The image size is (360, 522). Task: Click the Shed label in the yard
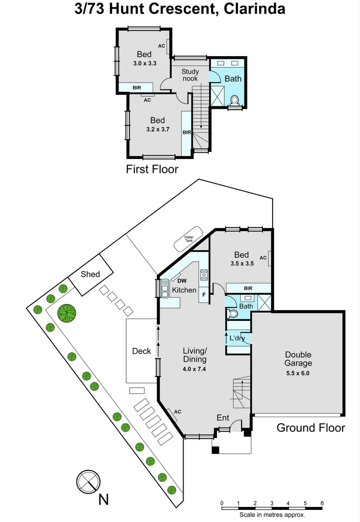(90, 274)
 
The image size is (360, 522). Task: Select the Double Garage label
(298, 359)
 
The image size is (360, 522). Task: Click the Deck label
(142, 351)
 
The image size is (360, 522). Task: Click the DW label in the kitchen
(182, 280)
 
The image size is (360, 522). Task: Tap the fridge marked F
(203, 294)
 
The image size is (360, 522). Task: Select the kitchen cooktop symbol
(204, 275)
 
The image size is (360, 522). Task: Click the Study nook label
(190, 75)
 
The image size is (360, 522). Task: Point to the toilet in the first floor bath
(235, 101)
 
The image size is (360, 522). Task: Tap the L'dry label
(237, 338)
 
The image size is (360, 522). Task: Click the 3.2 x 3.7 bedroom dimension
(157, 129)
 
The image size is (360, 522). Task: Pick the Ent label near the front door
(223, 418)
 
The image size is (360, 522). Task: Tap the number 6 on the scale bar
(322, 503)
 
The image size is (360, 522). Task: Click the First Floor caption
(152, 169)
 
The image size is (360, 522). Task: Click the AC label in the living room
(177, 412)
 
